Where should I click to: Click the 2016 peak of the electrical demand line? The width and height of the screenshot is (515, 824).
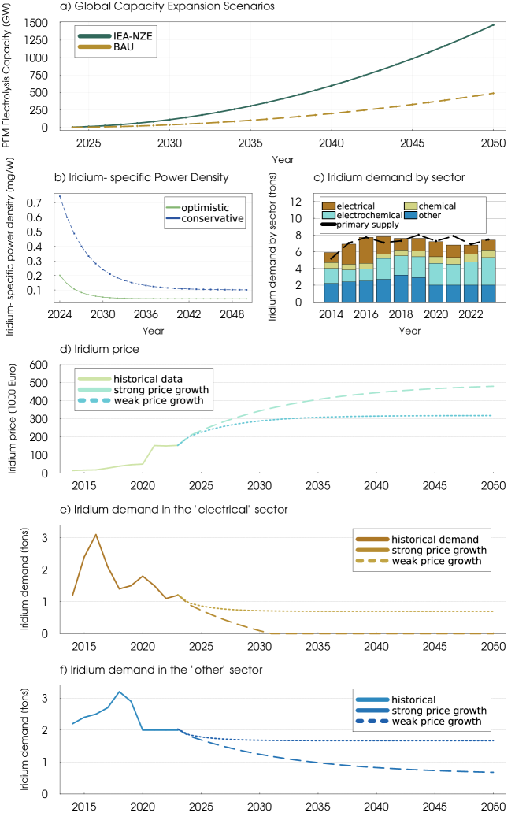coord(96,535)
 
